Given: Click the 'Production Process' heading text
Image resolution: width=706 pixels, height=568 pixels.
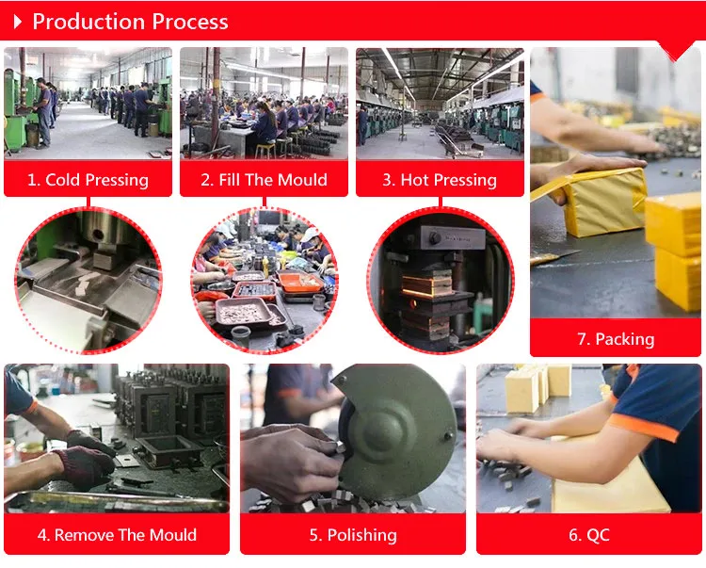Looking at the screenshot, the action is [x=130, y=22].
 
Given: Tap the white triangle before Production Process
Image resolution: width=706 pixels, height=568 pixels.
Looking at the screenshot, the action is [x=18, y=22].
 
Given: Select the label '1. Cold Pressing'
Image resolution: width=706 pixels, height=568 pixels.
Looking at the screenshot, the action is [x=88, y=180].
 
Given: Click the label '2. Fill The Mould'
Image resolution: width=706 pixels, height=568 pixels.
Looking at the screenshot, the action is [x=264, y=180].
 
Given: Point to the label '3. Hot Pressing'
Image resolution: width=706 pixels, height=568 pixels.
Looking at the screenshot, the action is [x=440, y=180].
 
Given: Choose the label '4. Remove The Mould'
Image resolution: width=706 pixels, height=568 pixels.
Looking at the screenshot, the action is [x=117, y=535].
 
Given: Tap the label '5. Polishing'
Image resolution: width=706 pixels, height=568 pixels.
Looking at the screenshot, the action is [x=353, y=535].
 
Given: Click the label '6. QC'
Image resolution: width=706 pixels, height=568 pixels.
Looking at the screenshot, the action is [x=589, y=535].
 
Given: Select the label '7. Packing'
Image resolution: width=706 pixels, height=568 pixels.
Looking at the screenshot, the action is [x=616, y=339].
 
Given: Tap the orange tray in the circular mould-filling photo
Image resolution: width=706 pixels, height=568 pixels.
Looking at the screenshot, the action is [x=299, y=282].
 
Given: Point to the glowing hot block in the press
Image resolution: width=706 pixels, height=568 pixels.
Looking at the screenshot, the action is [x=425, y=286].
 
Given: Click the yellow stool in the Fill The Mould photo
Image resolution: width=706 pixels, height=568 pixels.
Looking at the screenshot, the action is [x=265, y=151].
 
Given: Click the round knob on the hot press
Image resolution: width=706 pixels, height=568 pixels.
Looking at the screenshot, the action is [x=435, y=238].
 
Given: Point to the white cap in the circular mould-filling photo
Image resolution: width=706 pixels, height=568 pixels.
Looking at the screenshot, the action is [x=311, y=235].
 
